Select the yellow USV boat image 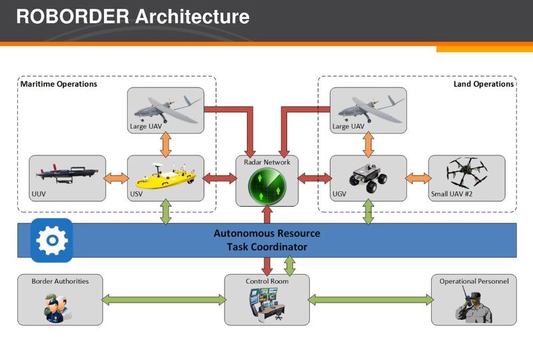pos(165,177)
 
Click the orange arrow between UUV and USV pos(117,178)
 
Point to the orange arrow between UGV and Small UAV pos(417,178)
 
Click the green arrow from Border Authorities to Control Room pos(164,300)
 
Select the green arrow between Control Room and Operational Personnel pos(369,300)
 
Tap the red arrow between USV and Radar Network pos(219,178)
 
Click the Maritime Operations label pos(59,84)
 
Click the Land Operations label pos(483,84)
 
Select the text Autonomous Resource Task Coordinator pos(266,240)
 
